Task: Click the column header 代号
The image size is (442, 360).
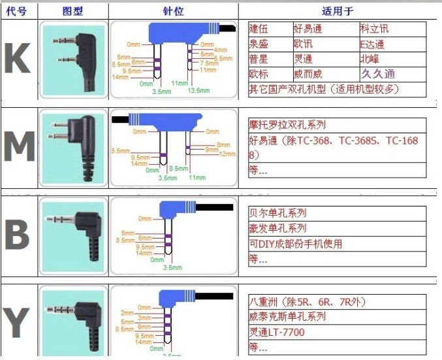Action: [18, 11]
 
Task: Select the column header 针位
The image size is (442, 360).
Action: [173, 11]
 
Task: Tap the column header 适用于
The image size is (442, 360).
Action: [338, 11]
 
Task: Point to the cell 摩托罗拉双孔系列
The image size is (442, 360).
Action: [287, 125]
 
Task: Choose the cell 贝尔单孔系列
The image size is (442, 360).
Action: [277, 213]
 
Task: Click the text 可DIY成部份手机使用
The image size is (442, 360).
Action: [295, 244]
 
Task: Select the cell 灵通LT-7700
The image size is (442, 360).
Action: [277, 332]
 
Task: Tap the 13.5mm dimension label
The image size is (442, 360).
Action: [198, 90]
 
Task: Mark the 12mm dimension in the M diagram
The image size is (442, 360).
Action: [227, 154]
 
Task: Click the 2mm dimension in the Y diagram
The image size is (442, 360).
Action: [127, 313]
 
